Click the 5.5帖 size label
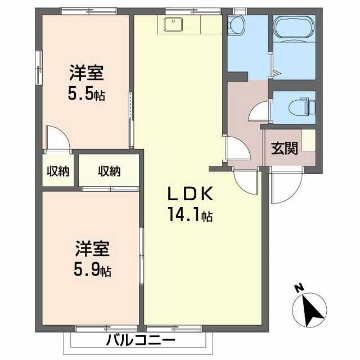click(86, 94)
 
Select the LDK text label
click(189, 194)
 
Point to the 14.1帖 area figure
click(189, 215)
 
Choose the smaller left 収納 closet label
click(58, 171)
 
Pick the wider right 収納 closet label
click(109, 171)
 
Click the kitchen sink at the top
click(172, 24)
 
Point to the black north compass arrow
click(308, 309)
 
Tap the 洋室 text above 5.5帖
click(86, 73)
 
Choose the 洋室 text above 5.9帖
click(93, 249)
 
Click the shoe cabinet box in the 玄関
click(308, 139)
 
